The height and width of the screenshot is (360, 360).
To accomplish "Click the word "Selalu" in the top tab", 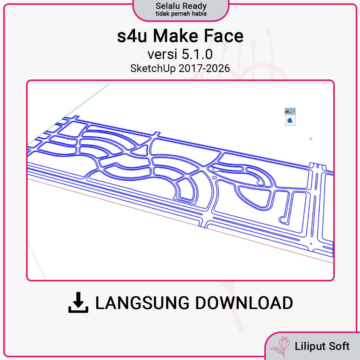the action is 167,6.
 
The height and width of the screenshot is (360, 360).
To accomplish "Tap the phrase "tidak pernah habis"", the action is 181,14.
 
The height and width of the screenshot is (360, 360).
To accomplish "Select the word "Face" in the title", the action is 224,36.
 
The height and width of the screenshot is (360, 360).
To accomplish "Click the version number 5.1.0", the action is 197,54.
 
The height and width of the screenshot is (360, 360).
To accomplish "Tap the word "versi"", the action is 162,54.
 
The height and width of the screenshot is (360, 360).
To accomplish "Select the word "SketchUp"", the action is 153,69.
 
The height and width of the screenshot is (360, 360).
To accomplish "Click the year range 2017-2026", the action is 204,69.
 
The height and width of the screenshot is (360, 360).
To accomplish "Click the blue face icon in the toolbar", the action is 290,120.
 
